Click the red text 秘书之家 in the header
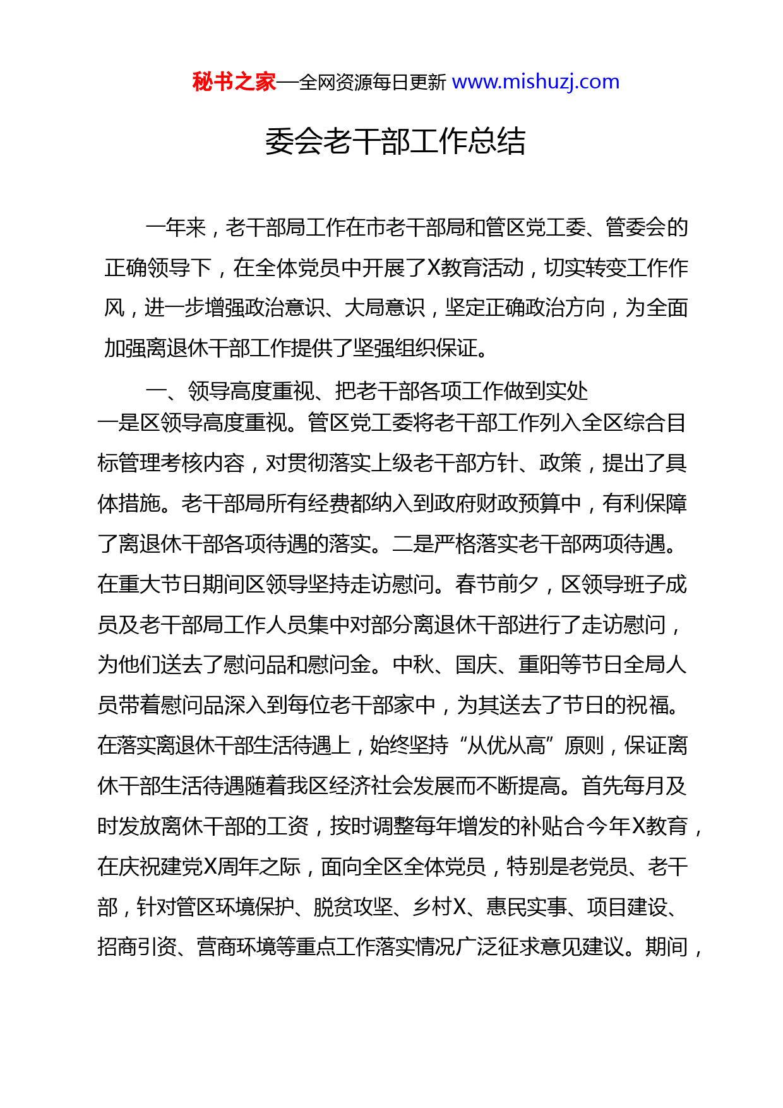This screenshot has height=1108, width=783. click(x=234, y=82)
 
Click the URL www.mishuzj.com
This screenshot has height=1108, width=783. click(x=535, y=82)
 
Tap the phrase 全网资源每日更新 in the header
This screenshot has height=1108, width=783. click(x=373, y=82)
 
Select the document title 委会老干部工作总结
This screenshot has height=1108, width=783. click(x=395, y=141)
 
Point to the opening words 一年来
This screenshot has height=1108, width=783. click(x=176, y=227)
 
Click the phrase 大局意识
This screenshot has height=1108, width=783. click(x=385, y=308)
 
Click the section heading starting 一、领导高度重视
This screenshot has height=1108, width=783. click(x=366, y=392)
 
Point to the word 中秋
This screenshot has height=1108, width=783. click(x=413, y=665)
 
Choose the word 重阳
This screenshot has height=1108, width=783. click(x=539, y=665)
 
